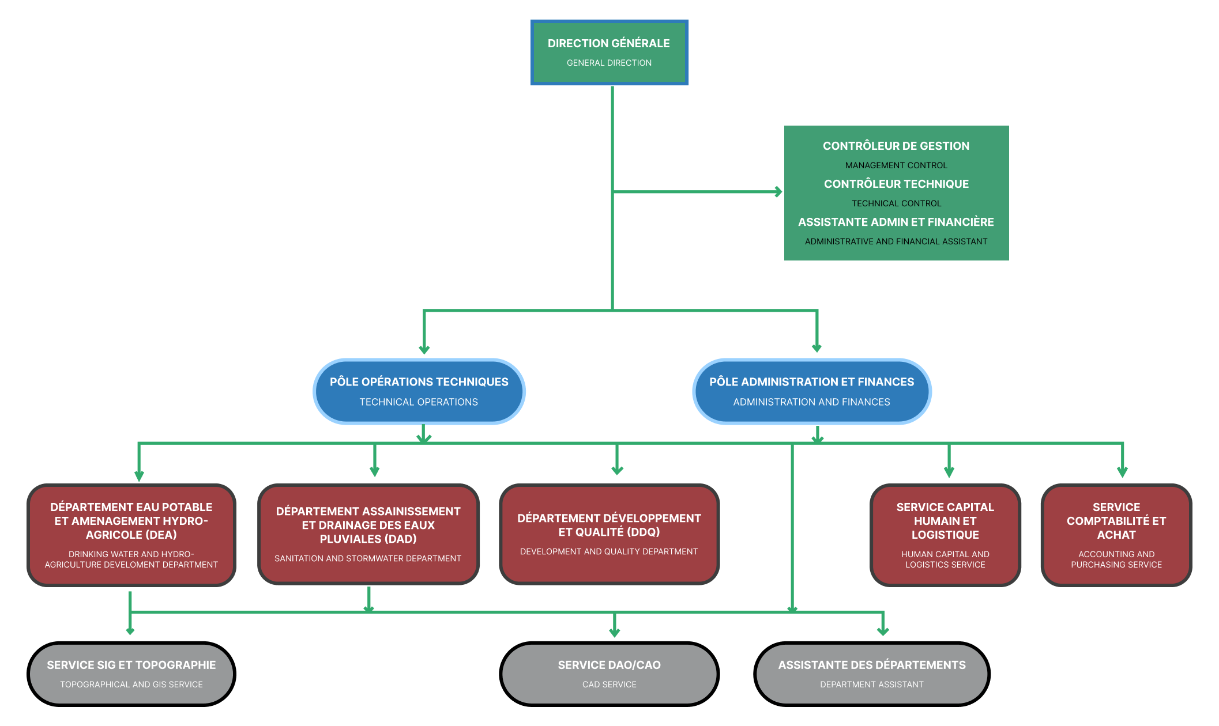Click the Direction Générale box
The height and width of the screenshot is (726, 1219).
click(x=609, y=52)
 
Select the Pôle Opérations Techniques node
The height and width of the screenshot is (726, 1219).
click(x=419, y=391)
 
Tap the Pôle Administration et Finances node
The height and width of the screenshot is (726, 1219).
click(x=811, y=391)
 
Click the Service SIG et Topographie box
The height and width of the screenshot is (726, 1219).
click(x=131, y=674)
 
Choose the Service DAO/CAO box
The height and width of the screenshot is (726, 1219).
click(x=609, y=674)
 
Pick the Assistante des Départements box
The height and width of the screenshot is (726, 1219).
click(x=871, y=674)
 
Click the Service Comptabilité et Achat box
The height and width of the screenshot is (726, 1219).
click(x=1116, y=535)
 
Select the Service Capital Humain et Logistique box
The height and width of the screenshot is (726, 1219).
click(x=945, y=535)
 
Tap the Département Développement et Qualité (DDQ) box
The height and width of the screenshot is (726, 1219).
click(x=609, y=534)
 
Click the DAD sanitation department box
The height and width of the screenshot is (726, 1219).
click(x=368, y=534)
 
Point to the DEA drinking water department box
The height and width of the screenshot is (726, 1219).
click(x=131, y=535)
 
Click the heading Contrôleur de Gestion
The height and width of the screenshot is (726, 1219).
click(x=896, y=146)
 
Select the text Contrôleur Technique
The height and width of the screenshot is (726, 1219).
click(x=896, y=184)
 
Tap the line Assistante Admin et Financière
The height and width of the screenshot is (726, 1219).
click(x=896, y=222)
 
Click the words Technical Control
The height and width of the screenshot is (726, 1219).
click(x=896, y=203)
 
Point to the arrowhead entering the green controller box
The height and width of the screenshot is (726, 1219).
click(x=778, y=191)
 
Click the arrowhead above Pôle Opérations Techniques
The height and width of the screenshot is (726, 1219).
click(x=424, y=349)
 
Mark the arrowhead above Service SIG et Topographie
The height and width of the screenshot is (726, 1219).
click(x=130, y=631)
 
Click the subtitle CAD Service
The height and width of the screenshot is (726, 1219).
click(x=609, y=685)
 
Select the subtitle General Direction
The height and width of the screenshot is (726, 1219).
click(x=609, y=63)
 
